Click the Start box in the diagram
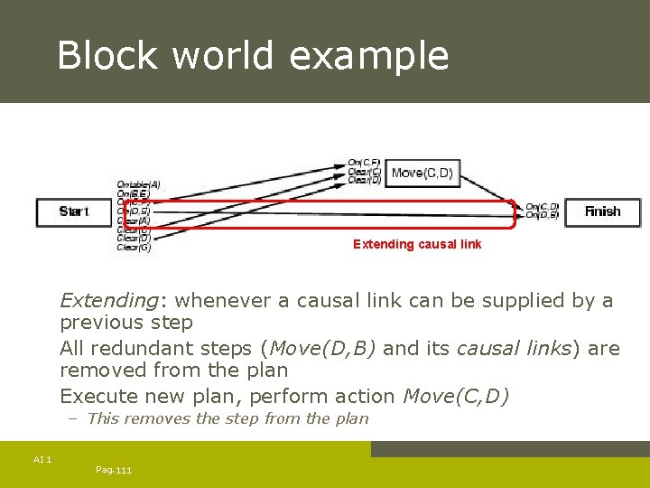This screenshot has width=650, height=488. pos(74,211)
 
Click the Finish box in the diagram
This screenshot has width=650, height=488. pos(602,211)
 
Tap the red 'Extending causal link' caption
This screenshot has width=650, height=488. pos(417,244)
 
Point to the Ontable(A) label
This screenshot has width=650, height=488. pos(138,184)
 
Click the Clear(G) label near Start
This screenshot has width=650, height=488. pos(134,248)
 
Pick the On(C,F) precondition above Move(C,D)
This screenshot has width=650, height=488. pos(365,164)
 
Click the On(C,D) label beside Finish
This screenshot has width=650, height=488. pos(542,207)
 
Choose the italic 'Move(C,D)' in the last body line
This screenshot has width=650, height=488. pos(456,396)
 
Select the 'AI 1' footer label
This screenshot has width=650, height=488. pos(42,460)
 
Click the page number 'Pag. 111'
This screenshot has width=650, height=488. pos(113,471)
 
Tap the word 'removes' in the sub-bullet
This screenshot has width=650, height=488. pos(157,418)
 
